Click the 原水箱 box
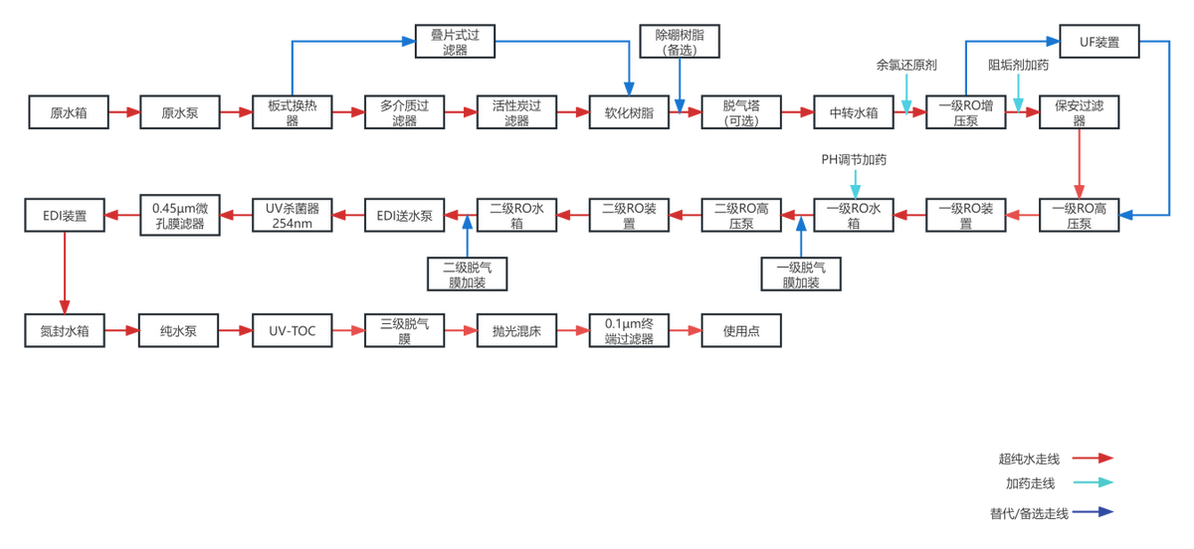68,113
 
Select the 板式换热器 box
293,113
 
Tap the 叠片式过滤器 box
455,42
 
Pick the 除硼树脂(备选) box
680,42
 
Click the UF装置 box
1098,42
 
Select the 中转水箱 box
854,113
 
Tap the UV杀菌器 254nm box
292,215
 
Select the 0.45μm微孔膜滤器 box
179,215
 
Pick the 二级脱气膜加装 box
466,274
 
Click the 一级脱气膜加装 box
801,274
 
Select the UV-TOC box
292,330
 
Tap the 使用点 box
741,330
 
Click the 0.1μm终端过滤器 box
629,330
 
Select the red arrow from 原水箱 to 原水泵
123,113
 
